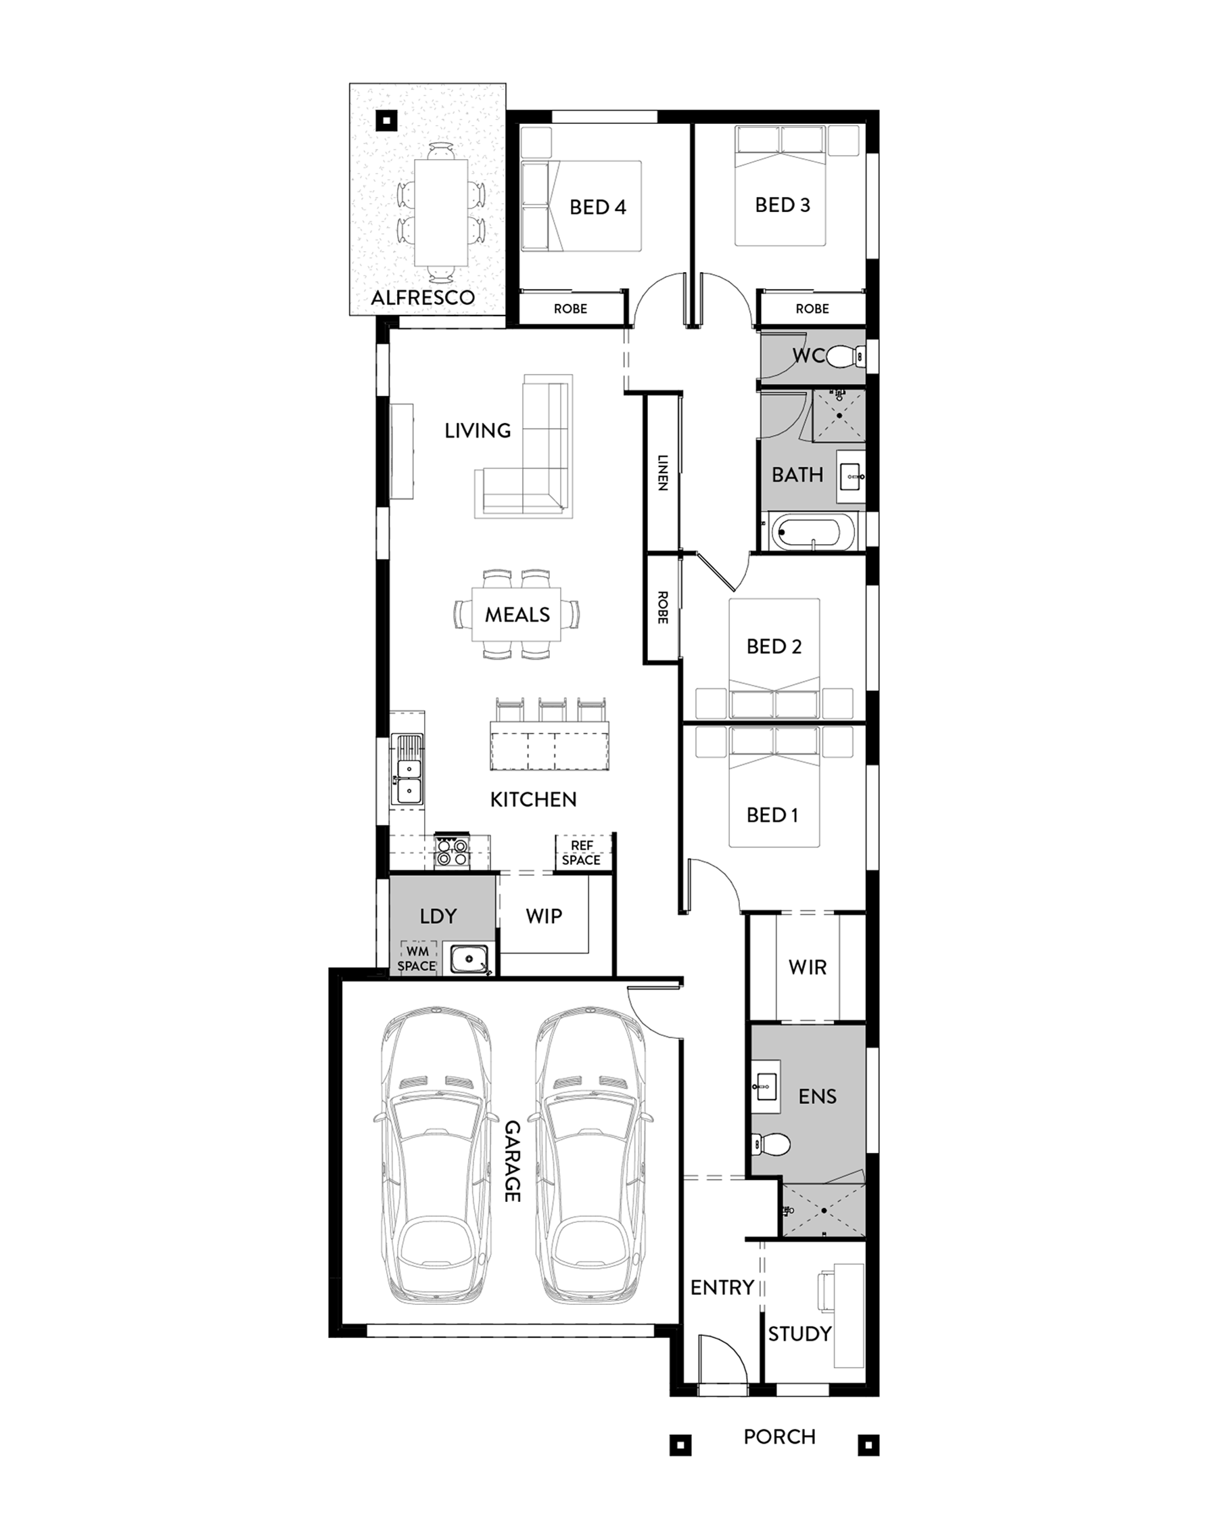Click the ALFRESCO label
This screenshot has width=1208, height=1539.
423,297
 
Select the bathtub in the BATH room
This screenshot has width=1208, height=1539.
814,531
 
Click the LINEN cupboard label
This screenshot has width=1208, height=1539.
663,472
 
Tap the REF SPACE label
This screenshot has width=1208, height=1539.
582,853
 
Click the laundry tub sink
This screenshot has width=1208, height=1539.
467,959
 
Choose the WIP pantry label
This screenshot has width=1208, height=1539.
544,916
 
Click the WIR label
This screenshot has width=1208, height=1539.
808,966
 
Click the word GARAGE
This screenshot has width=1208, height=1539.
513,1161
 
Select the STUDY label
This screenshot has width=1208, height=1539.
800,1334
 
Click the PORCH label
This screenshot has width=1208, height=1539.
779,1436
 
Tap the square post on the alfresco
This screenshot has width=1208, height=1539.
386,120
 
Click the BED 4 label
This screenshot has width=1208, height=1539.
598,206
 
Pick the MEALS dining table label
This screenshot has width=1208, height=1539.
517,615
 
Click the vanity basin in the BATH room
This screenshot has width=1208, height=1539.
851,477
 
